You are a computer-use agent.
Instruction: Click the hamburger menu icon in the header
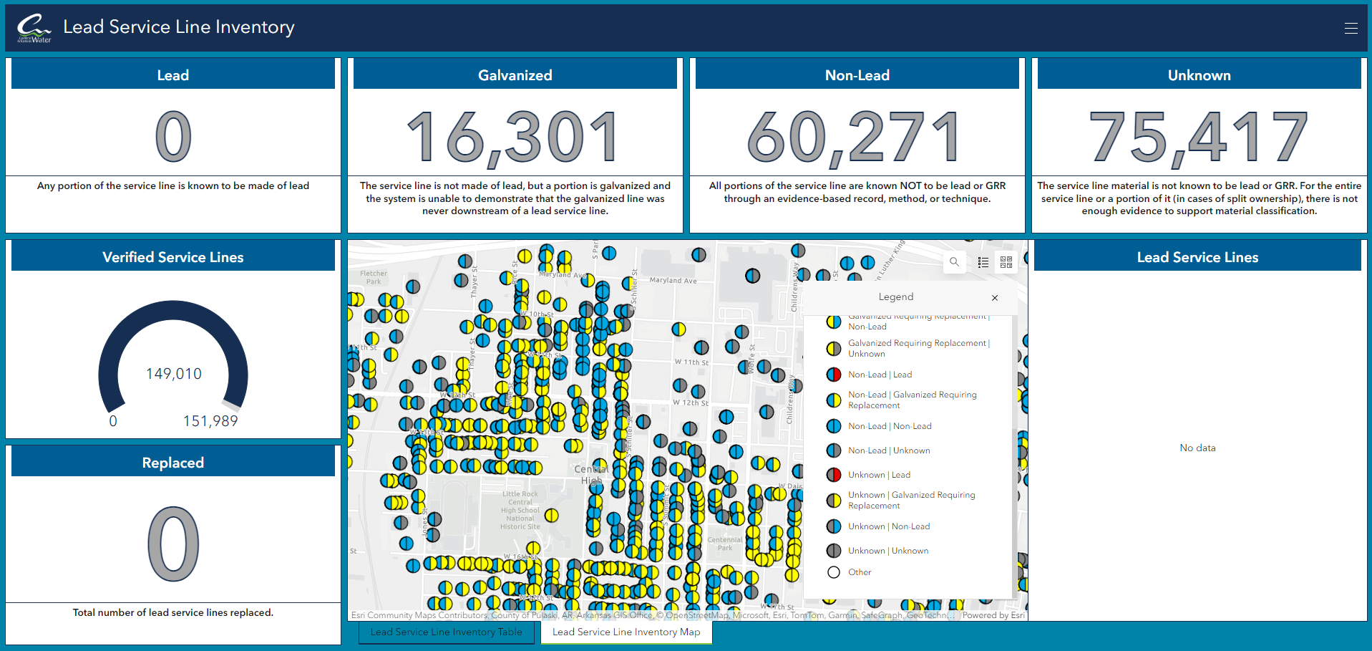pos(1351,28)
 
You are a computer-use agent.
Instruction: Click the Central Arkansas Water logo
pos(34,29)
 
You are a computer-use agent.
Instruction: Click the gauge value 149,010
pos(173,374)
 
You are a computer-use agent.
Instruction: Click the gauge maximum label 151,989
pos(210,421)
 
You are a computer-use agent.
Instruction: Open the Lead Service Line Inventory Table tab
pos(446,632)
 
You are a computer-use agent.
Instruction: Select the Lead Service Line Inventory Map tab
pos(626,632)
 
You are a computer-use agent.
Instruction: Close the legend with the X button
pos(994,298)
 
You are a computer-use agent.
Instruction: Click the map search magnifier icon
pos(954,262)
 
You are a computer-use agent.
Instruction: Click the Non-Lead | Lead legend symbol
pos(834,375)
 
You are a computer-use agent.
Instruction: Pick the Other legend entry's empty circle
pos(834,572)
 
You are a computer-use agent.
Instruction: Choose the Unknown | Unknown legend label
pos(887,551)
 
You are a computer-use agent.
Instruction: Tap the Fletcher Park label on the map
pos(373,277)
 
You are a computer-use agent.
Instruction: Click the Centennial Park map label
pos(724,544)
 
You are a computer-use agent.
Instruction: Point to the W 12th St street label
pos(690,403)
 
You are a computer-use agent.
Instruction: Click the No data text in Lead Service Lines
pos(1197,448)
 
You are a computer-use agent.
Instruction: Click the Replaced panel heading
pos(173,463)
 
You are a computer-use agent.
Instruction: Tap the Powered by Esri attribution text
pos(993,615)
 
